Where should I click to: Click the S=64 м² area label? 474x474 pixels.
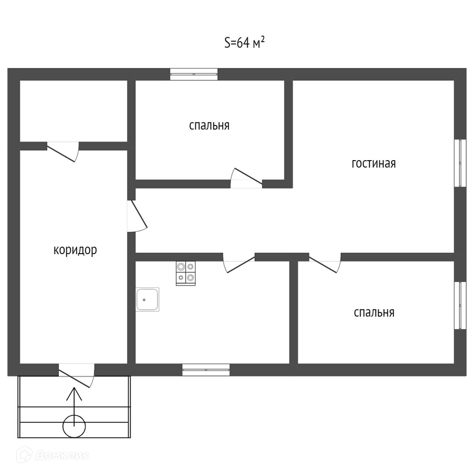pyautogui.click(x=244, y=43)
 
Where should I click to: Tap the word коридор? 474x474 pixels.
pyautogui.click(x=75, y=250)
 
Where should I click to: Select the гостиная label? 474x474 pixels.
pyautogui.click(x=373, y=164)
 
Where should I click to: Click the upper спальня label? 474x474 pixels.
pyautogui.click(x=209, y=126)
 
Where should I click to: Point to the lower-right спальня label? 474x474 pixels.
pyautogui.click(x=374, y=312)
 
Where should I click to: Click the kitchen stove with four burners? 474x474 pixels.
pyautogui.click(x=186, y=273)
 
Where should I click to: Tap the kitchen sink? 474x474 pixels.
pyautogui.click(x=147, y=300)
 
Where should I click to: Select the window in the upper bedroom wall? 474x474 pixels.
pyautogui.click(x=194, y=74)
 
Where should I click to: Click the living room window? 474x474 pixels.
pyautogui.click(x=460, y=163)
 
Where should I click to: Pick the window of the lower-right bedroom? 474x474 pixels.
pyautogui.click(x=460, y=305)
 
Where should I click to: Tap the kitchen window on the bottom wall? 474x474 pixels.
pyautogui.click(x=206, y=370)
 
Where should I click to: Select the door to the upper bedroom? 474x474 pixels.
pyautogui.click(x=247, y=178)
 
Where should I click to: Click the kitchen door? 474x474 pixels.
pyautogui.click(x=239, y=262)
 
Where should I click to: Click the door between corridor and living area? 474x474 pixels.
pyautogui.click(x=136, y=216)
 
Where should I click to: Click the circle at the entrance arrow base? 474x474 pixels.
pyautogui.click(x=74, y=426)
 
